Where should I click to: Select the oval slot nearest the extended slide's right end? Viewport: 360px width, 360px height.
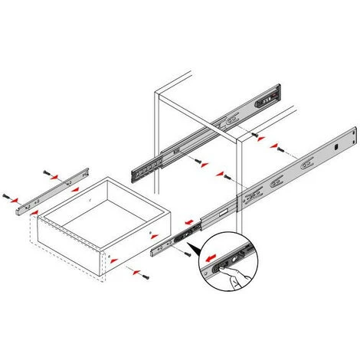pyautogui.click(x=310, y=162)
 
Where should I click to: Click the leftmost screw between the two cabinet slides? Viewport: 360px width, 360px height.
pyautogui.click(x=197, y=162)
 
